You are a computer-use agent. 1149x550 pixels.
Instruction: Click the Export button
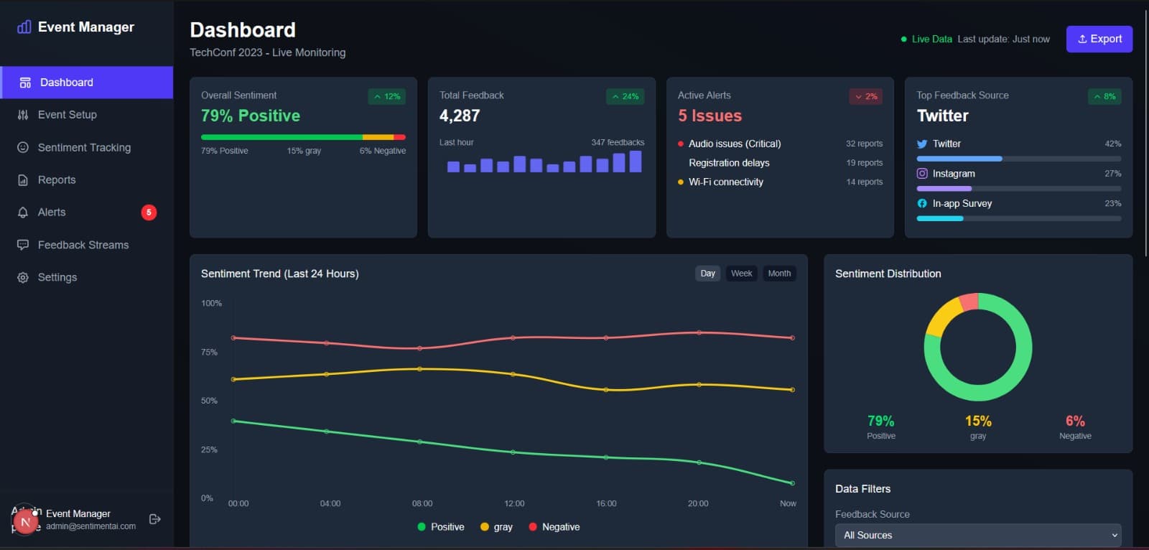1099,39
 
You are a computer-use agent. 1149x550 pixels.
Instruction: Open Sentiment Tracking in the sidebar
84,147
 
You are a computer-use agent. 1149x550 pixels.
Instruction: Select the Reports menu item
56,180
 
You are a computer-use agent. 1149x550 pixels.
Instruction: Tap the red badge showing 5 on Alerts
149,212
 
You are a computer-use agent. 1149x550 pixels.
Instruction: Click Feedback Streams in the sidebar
83,245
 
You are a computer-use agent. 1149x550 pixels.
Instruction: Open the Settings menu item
57,277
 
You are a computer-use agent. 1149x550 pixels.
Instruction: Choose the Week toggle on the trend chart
741,274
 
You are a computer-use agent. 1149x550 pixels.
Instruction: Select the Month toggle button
779,274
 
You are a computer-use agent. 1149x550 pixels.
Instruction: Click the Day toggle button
707,274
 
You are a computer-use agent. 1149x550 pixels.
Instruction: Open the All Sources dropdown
977,535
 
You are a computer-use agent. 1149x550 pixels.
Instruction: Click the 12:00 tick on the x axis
514,503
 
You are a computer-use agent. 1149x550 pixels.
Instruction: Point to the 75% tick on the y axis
209,352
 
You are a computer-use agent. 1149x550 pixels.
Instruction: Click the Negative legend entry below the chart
554,526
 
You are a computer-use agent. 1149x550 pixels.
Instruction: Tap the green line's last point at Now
792,483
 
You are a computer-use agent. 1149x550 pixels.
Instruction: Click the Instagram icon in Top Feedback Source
922,173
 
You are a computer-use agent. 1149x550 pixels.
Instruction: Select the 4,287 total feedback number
460,116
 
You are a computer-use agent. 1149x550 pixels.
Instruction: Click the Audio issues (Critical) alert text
734,144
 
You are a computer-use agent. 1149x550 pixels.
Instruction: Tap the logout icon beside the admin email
154,519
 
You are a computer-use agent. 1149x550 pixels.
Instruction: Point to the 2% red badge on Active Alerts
865,96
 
